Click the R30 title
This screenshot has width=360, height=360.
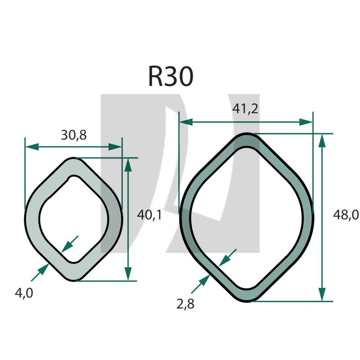point(171,76)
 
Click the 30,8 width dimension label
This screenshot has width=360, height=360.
point(74,135)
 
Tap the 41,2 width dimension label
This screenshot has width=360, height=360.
point(245,108)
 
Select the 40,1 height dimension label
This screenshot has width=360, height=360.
point(149,215)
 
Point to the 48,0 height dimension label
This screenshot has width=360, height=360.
point(346,215)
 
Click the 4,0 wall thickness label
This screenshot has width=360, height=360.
point(24,293)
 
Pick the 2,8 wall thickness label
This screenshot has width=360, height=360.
point(185,304)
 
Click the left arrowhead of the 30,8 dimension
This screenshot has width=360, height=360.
point(32,147)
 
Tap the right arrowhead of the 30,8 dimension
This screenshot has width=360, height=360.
point(115,147)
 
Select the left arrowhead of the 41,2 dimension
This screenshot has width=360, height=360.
point(186,122)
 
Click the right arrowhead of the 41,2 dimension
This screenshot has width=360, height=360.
point(306,122)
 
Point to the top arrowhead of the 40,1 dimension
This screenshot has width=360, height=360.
point(128,165)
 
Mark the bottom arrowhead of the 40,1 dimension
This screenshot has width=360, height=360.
point(128,274)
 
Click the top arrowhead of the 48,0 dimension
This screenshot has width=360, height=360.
point(322,140)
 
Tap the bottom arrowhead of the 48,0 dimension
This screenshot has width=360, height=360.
point(322,294)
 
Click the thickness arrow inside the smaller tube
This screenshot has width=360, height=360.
point(70,244)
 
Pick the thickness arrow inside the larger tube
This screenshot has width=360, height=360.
point(228,257)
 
